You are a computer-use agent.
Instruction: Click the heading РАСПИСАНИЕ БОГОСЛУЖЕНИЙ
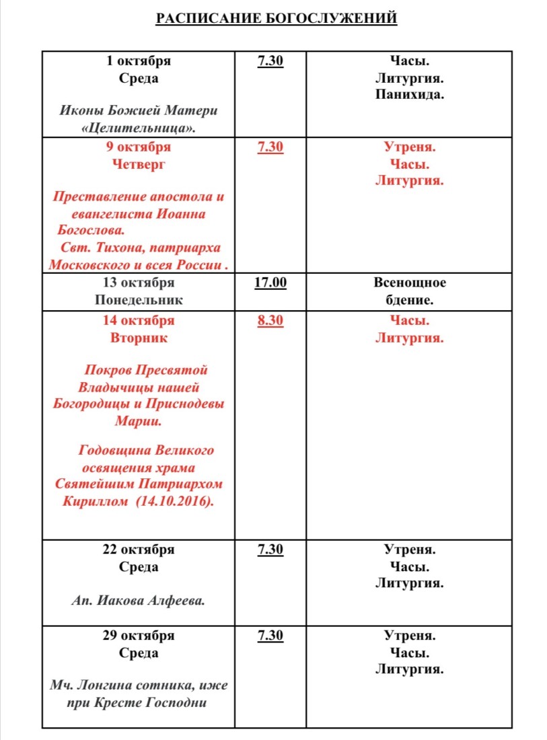coord(276,18)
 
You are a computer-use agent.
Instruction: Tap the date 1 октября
coord(139,61)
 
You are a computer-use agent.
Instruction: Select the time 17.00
coord(270,283)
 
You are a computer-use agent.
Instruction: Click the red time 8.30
coord(270,321)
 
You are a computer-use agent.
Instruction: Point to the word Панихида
coord(409,95)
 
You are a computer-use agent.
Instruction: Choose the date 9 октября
coord(139,147)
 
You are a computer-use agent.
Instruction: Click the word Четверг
coord(139,164)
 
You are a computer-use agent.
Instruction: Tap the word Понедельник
coord(139,300)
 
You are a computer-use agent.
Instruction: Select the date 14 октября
coord(139,321)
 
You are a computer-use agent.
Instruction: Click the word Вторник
coord(139,338)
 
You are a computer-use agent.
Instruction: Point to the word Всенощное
coord(410,283)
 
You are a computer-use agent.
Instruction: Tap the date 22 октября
coord(139,550)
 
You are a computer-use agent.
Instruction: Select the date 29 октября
coord(139,636)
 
